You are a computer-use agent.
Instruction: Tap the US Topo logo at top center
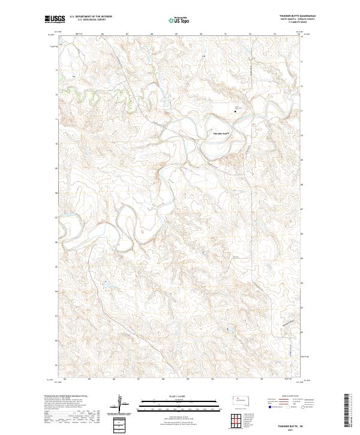coord(180,20)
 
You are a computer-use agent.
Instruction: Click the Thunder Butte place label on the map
coord(221,133)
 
